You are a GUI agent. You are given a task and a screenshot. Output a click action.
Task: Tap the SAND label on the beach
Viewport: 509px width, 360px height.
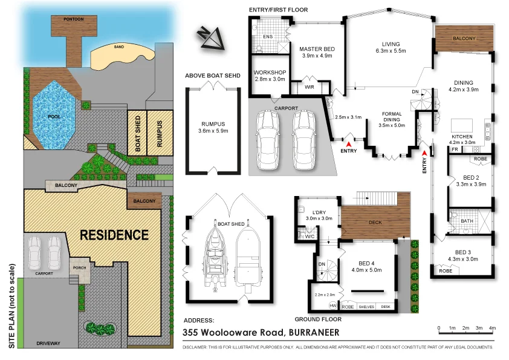coord(119,47)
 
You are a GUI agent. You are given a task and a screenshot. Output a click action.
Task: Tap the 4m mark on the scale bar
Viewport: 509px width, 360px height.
coord(492,327)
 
